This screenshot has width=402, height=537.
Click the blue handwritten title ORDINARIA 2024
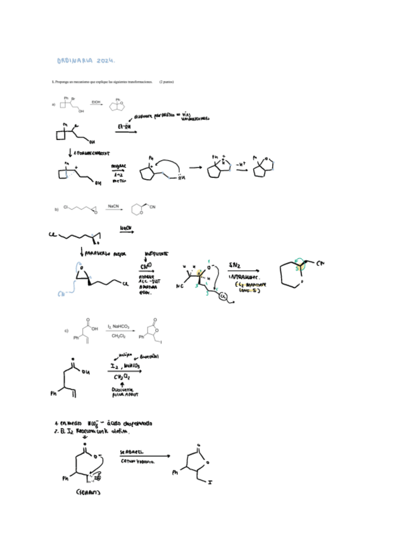[x=86, y=60]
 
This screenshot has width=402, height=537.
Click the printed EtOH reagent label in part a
[x=96, y=101]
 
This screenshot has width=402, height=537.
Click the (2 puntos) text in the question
[x=166, y=82]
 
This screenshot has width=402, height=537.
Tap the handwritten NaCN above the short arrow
[x=126, y=228]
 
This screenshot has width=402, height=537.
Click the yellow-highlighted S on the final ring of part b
[x=296, y=268]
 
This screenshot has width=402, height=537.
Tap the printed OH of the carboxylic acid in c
[x=94, y=329]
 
